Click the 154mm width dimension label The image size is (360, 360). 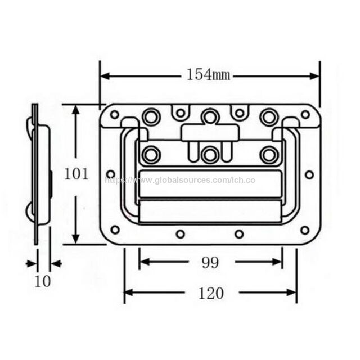pyautogui.click(x=208, y=75)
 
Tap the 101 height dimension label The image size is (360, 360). pyautogui.click(x=76, y=174)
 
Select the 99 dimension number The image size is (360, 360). pyautogui.click(x=210, y=263)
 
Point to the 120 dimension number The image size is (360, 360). pyautogui.click(x=211, y=293)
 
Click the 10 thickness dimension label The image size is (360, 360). pyautogui.click(x=43, y=281)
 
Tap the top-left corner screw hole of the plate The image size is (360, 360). pyautogui.click(x=115, y=114)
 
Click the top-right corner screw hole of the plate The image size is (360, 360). pyautogui.click(x=305, y=114)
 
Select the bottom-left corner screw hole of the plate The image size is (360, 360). pyautogui.click(x=115, y=229)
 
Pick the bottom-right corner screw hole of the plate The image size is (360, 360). pyautogui.click(x=305, y=230)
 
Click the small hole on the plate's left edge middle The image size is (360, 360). pyautogui.click(x=111, y=174)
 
